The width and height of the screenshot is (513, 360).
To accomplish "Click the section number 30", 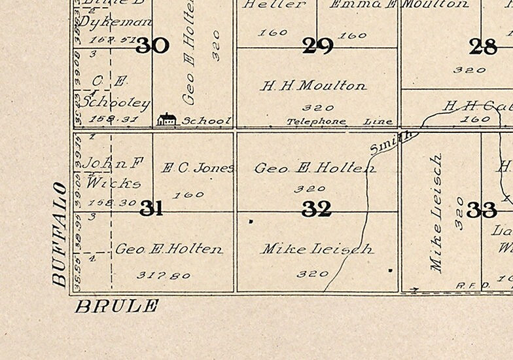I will coord(152,46).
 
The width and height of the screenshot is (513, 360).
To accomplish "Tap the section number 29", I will coord(318,46).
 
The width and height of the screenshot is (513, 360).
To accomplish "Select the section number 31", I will coord(151,209).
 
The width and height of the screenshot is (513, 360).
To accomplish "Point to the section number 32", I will coord(317,209).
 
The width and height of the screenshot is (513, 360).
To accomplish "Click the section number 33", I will coord(482,209).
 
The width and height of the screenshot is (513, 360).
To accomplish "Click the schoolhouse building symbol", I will coord(167,119).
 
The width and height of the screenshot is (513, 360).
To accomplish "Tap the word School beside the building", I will coord(206,120).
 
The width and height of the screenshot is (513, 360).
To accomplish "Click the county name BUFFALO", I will coord(60,235).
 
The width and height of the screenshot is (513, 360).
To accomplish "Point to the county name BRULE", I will coord(117,306).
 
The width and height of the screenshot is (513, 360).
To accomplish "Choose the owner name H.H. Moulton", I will coord(313,86).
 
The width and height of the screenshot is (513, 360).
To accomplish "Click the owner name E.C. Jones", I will coord(197,168).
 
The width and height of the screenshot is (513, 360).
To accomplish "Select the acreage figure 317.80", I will coord(164,276).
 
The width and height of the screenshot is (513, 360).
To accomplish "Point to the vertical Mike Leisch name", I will coord(437,213).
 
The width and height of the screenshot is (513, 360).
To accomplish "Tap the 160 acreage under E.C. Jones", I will coord(190,194).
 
